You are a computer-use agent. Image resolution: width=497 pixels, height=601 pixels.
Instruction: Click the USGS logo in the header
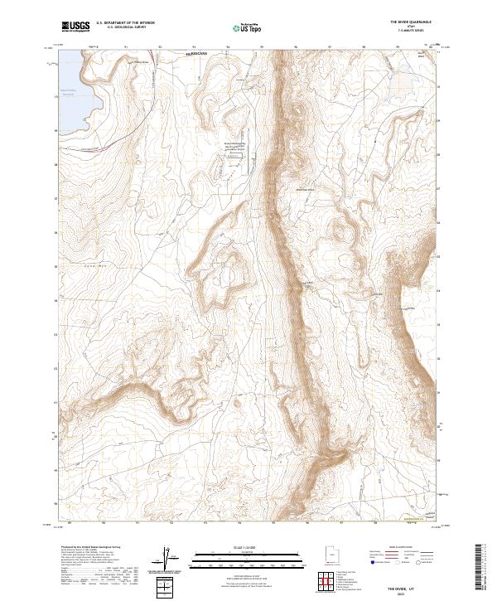[x=75, y=27]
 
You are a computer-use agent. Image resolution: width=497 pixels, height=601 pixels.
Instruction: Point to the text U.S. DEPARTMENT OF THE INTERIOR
[x=125, y=22]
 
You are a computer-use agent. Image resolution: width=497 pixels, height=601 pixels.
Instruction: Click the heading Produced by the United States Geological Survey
[x=94, y=548]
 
